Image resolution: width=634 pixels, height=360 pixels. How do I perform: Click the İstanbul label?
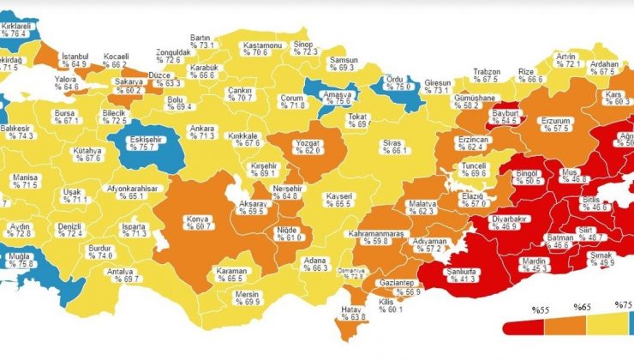click(74, 59)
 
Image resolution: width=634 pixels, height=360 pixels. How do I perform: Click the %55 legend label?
click(517, 309)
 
